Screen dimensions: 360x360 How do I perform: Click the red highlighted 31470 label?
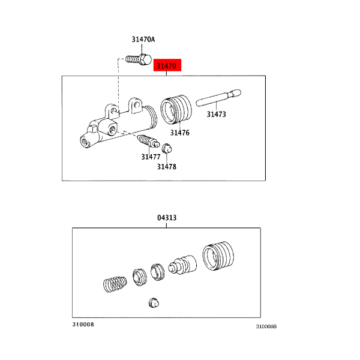[167, 65]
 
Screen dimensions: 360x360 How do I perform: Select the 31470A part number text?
[143, 40]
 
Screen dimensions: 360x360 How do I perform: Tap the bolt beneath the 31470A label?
[139, 59]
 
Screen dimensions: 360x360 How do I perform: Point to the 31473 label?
[216, 114]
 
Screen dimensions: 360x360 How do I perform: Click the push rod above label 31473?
[218, 98]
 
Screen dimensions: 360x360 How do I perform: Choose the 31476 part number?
[180, 133]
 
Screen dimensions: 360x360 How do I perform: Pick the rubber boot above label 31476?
[176, 110]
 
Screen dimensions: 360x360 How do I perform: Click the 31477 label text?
[151, 157]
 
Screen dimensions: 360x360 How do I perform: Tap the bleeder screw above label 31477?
[148, 141]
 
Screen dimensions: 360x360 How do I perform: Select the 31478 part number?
[167, 167]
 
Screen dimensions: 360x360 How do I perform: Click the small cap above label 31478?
[167, 149]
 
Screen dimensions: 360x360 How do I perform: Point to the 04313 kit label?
[167, 217]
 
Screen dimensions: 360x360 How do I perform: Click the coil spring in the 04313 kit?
[115, 284]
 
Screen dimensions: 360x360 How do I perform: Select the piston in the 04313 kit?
[182, 265]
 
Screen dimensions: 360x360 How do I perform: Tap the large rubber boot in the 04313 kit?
[218, 256]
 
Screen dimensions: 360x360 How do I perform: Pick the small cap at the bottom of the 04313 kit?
[154, 303]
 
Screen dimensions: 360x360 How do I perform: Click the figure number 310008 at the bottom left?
[83, 324]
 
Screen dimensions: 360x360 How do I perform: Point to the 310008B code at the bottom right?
[266, 326]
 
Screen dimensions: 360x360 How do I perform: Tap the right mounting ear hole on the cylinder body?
[137, 105]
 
